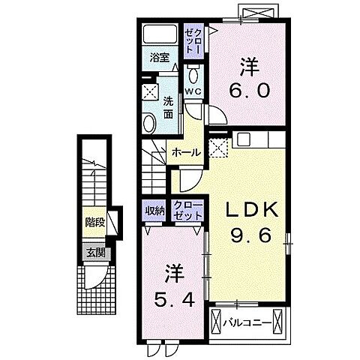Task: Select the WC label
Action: click(192, 91)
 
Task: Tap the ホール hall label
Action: click(185, 152)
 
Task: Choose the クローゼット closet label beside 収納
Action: click(187, 210)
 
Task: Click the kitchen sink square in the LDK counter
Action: click(245, 139)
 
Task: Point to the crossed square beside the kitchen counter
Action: click(218, 147)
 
